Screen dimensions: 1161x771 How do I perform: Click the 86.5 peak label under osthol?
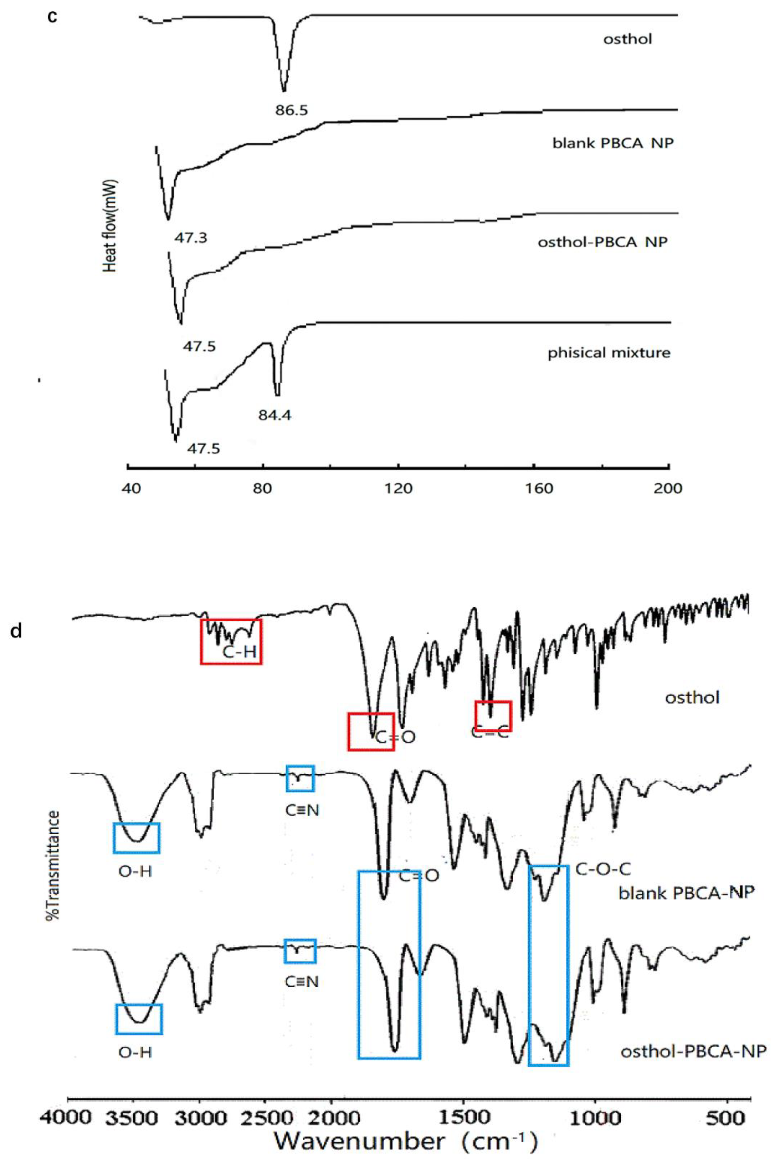[x=291, y=110]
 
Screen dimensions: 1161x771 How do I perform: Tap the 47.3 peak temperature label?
[x=190, y=238]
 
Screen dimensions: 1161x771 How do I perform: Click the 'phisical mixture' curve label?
[x=609, y=353]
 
